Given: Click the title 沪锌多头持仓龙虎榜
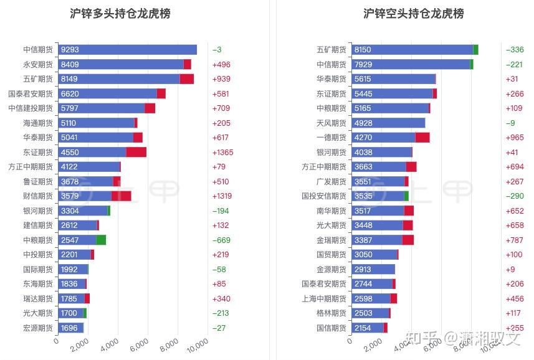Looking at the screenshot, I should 120,14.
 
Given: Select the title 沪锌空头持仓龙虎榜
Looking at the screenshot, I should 413,14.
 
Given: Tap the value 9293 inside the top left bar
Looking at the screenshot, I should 70,50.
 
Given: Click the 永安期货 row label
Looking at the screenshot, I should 38,64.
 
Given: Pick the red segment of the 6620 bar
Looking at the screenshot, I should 161,93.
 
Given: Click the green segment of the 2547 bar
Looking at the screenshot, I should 101,240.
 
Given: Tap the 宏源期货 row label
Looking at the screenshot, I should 38,328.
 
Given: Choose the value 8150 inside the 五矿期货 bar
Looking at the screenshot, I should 363,50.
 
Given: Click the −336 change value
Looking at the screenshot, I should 515,50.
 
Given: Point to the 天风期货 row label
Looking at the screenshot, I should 331,123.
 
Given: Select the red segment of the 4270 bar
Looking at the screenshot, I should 422,138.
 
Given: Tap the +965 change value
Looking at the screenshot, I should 515,138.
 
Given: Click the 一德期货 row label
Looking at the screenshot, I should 331,138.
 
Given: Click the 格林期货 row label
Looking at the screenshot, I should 331,313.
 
